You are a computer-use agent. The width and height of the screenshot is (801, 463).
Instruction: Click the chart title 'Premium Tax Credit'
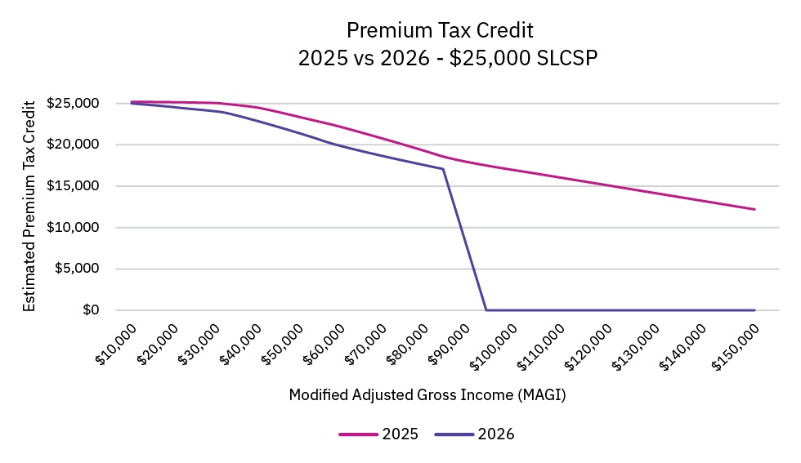pyautogui.click(x=440, y=31)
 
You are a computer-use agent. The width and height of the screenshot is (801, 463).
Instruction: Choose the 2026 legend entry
pyautogui.click(x=475, y=434)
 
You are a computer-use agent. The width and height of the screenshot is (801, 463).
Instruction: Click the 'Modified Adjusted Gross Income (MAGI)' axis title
pyautogui.click(x=427, y=394)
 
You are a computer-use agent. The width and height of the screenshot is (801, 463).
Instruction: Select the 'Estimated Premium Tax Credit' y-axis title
pyautogui.click(x=29, y=206)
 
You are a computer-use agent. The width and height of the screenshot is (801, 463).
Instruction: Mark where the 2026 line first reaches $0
pyautogui.click(x=487, y=310)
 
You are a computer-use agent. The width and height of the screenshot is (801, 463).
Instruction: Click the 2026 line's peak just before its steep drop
pyautogui.click(x=443, y=169)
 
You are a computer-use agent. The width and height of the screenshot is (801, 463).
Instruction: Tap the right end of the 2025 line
pyautogui.click(x=754, y=209)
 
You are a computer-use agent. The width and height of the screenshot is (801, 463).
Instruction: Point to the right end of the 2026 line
pyautogui.click(x=754, y=310)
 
